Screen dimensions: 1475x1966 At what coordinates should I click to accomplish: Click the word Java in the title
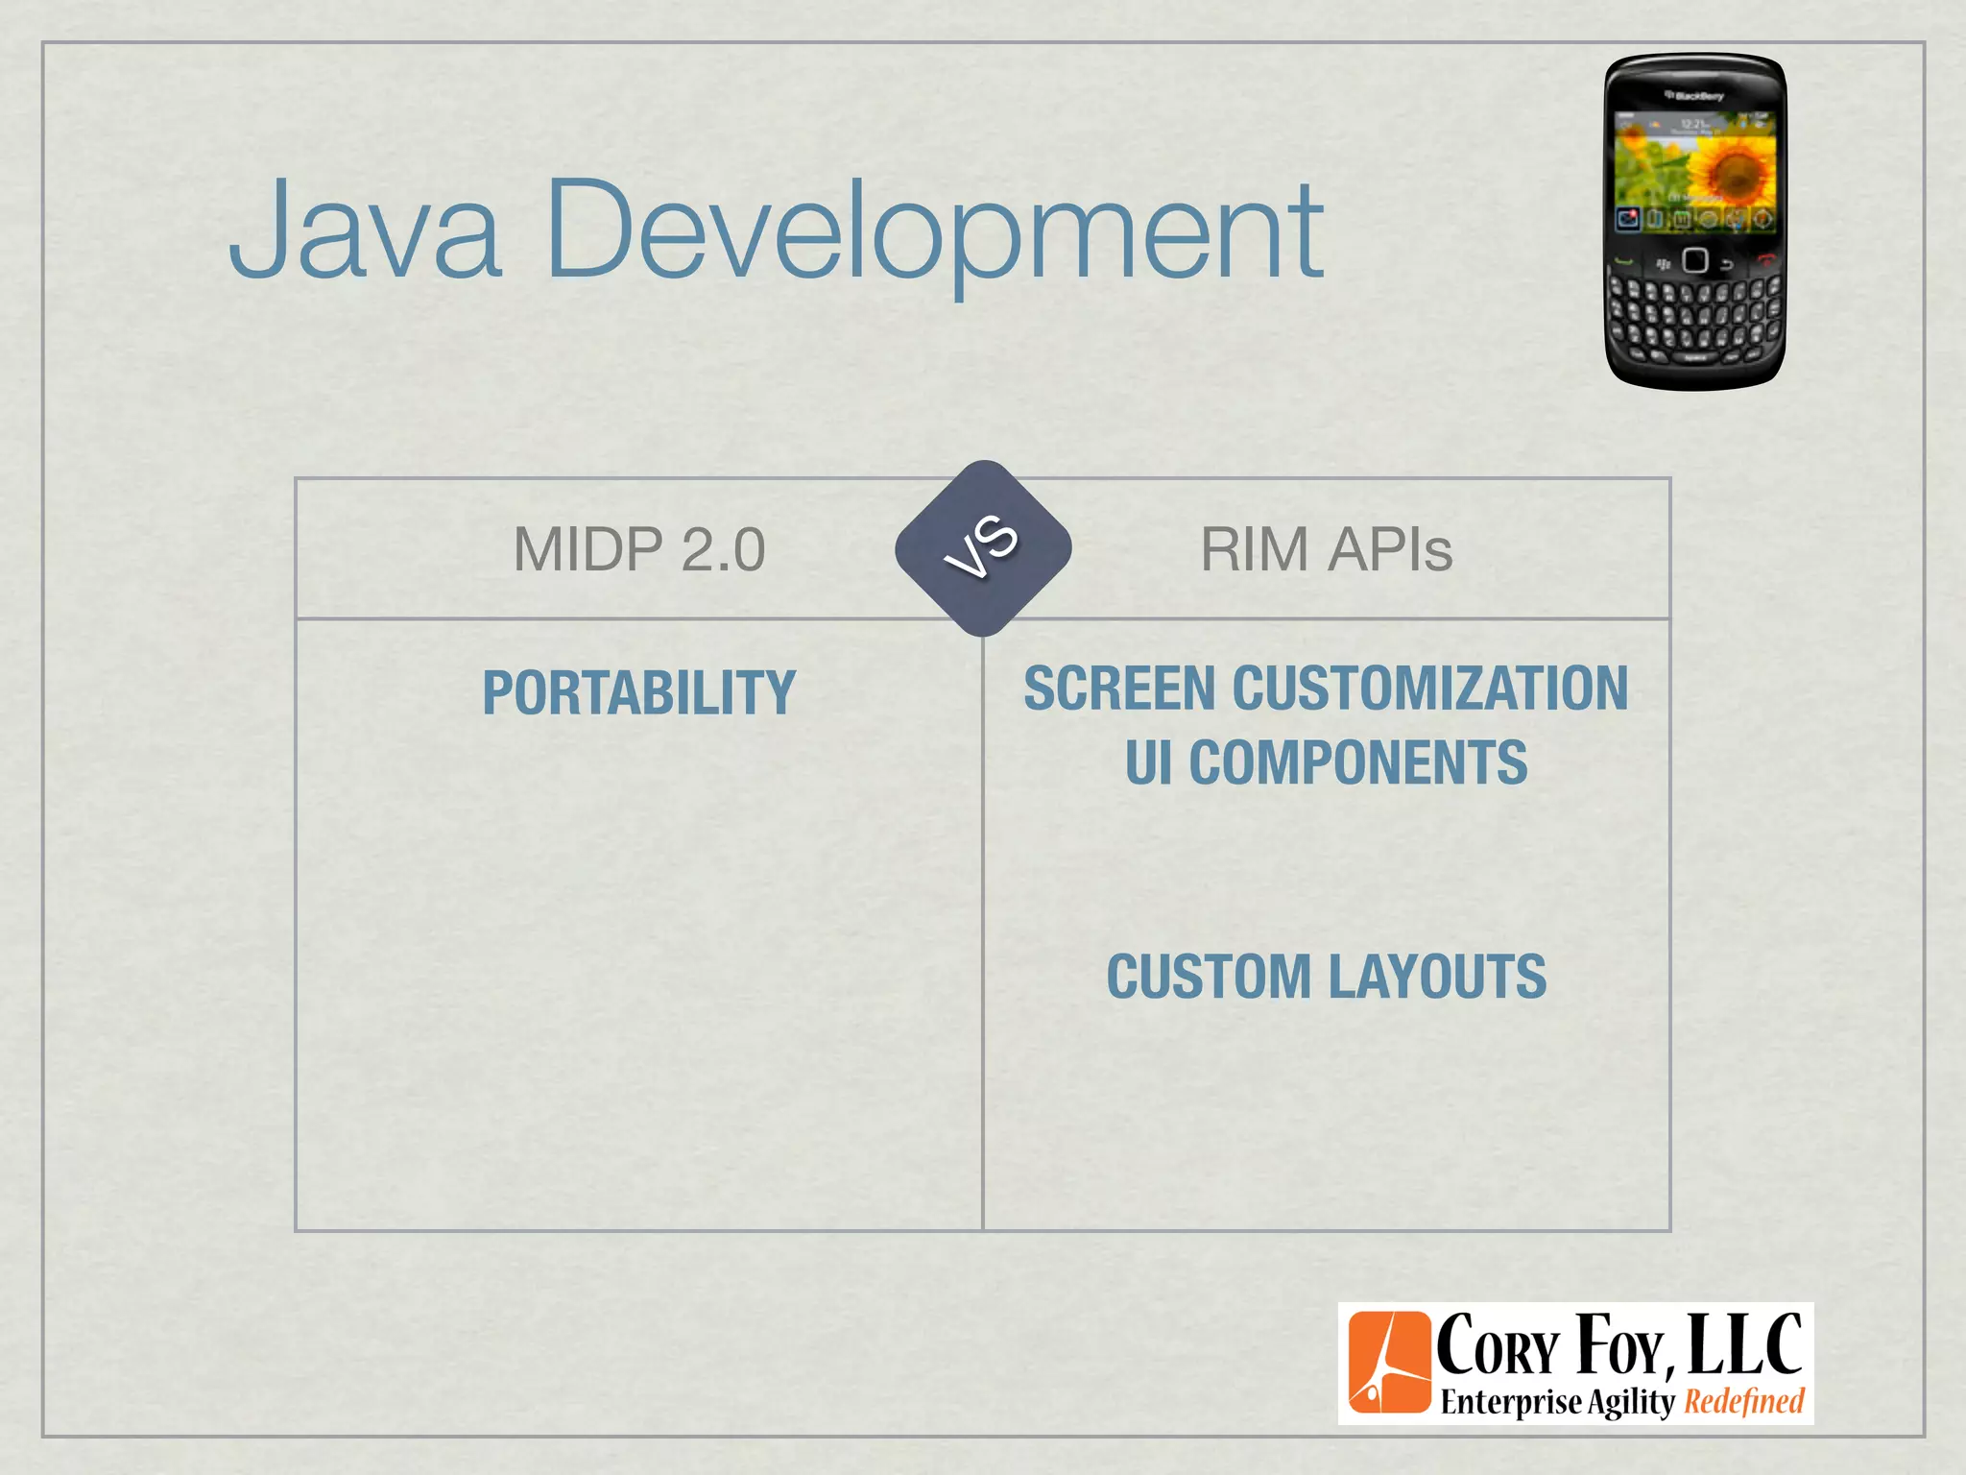tap(365, 230)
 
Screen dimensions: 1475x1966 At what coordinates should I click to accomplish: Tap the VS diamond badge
tap(983, 548)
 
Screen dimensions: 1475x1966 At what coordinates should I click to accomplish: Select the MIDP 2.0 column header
tap(639, 550)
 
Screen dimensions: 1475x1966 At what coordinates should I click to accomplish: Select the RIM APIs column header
tap(1326, 550)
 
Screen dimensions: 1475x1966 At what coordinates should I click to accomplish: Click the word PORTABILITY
tap(639, 692)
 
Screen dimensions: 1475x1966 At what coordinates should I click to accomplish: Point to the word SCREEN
tap(1119, 689)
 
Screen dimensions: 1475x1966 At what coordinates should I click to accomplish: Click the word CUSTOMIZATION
tap(1430, 689)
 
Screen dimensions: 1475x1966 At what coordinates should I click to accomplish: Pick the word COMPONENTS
tap(1357, 763)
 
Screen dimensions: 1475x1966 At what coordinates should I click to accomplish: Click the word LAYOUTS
tap(1437, 977)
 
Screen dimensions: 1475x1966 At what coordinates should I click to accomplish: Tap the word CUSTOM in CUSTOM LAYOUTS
tap(1209, 977)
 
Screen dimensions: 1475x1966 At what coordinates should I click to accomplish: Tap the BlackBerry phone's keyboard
tap(1694, 317)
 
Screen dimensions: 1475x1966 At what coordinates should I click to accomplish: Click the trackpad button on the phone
tap(1694, 261)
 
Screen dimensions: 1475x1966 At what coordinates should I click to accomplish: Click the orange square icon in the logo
tap(1388, 1363)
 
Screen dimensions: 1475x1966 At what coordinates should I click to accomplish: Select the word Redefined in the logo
tap(1744, 1402)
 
